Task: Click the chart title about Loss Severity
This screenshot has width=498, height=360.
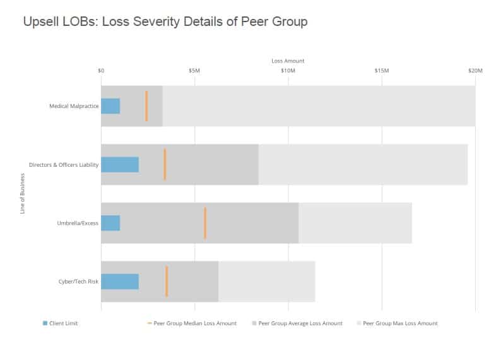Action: pos(165,22)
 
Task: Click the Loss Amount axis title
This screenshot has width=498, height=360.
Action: pos(288,61)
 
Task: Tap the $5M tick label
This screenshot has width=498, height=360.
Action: pos(194,71)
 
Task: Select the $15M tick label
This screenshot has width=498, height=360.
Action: pos(381,71)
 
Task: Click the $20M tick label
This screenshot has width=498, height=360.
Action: pos(475,71)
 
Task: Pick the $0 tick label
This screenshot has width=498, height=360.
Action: pos(101,71)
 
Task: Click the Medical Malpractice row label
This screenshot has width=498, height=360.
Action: pos(74,106)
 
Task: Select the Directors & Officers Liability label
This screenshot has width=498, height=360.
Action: pos(64,165)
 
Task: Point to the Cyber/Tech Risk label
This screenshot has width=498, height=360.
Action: pos(78,281)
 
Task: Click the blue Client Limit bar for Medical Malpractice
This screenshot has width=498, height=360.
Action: pos(110,106)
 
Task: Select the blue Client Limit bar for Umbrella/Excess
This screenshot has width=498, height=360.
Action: pos(110,223)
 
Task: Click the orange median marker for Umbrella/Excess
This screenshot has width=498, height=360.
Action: pos(205,223)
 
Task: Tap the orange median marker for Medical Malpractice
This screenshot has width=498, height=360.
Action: pos(146,106)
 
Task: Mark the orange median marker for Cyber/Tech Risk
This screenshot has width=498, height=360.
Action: pos(167,281)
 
